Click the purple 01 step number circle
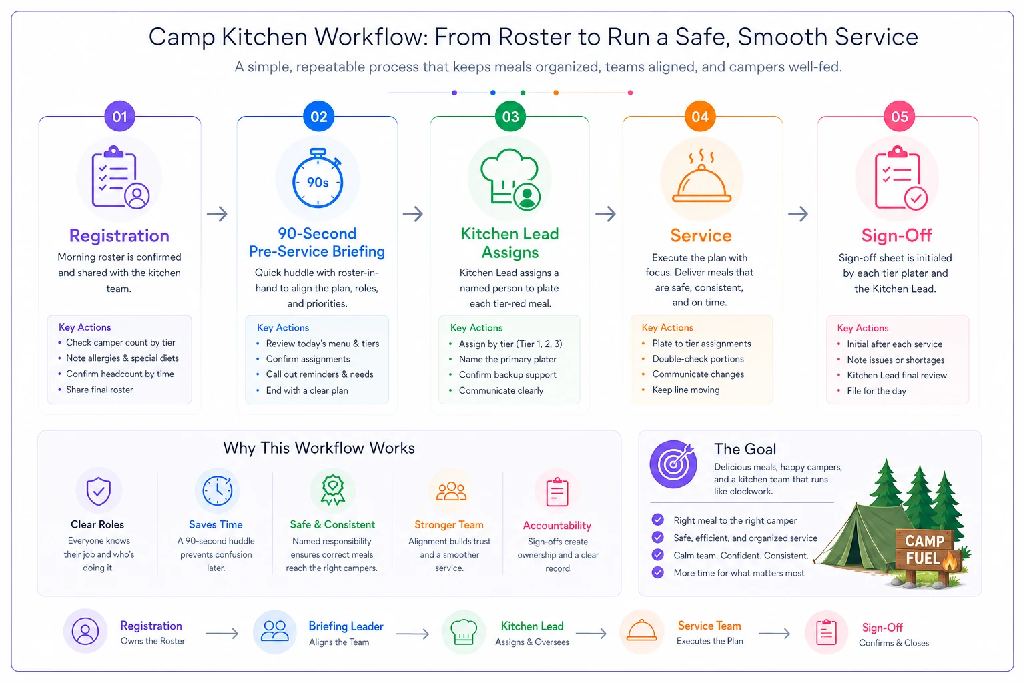(120, 117)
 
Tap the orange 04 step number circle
(700, 117)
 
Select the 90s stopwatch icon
(318, 178)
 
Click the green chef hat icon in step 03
(510, 179)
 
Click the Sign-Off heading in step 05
(896, 235)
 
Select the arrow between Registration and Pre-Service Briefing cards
(218, 213)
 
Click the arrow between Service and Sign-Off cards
(798, 213)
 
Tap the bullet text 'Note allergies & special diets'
(122, 358)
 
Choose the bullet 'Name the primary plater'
(507, 359)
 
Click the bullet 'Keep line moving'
(686, 390)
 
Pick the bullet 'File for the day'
(876, 391)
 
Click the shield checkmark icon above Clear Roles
(98, 491)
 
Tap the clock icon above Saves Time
(218, 491)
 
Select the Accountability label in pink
(557, 525)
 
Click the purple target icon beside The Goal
(673, 464)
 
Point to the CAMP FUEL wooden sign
(926, 550)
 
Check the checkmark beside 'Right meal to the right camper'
(657, 520)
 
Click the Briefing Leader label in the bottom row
(346, 626)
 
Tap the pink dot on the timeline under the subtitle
(630, 93)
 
